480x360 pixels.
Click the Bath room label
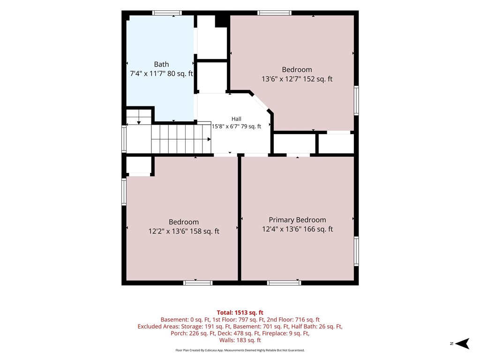161,64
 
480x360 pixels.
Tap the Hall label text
236,119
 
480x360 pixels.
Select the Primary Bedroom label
297,220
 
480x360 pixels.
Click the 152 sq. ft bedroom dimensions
297,79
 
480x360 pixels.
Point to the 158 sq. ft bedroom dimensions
184,231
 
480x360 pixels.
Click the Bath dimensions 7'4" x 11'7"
161,74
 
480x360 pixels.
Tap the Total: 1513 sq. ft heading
240,313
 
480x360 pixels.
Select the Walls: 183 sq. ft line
240,340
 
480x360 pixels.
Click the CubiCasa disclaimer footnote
240,350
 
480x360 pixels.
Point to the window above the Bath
167,13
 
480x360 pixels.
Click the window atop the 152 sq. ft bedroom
274,13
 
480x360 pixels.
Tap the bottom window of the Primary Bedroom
284,283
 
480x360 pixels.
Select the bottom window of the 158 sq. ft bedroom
198,283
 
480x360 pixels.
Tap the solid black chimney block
221,21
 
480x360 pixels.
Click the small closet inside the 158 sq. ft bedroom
139,165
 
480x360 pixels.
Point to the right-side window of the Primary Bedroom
356,251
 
